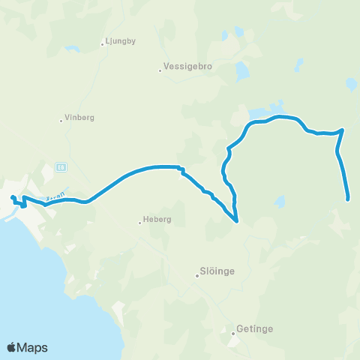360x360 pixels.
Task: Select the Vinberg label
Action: point(79,118)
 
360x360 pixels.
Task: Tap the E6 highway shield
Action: point(61,166)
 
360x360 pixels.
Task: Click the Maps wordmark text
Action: point(34,347)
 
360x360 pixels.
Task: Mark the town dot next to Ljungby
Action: point(103,43)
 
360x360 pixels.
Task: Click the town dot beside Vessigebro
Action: point(160,71)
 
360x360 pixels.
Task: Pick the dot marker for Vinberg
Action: point(61,119)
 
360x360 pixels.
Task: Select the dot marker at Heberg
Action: point(140,221)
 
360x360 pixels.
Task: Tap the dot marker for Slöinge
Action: point(197,276)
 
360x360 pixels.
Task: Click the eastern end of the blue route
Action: point(349,199)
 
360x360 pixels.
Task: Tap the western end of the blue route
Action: point(12,198)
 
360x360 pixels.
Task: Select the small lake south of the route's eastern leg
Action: point(280,202)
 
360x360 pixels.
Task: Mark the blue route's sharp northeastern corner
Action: point(343,130)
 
